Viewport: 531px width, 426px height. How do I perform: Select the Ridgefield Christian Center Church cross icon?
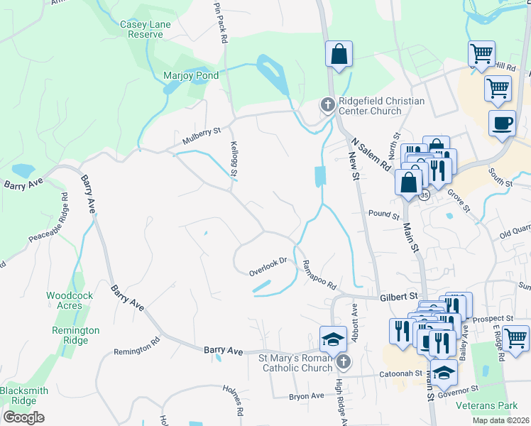[x=327, y=105]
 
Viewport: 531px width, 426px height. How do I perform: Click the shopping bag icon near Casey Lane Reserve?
[x=339, y=54]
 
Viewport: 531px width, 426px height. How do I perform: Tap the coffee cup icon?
[x=502, y=123]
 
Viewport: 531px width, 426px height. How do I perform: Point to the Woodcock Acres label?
[x=65, y=300]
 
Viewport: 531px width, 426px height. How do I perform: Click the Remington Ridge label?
[x=75, y=336]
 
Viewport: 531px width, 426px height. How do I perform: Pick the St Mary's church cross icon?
[x=344, y=363]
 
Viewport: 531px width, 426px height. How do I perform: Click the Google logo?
[x=23, y=417]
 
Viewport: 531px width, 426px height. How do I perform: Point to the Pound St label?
[x=384, y=214]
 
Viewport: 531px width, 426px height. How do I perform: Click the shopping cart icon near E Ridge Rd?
[x=515, y=337]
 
